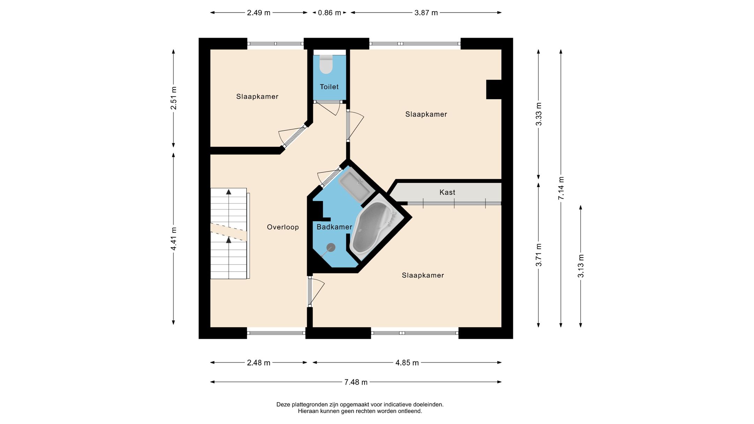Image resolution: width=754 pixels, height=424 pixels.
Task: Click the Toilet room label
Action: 329,87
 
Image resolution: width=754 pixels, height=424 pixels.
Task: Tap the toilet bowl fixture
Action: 326,64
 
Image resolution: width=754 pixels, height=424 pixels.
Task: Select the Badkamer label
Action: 334,227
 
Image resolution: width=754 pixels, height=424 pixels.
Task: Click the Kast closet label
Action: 447,192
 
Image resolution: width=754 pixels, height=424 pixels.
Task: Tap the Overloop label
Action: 283,227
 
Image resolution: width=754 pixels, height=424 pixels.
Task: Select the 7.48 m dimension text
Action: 356,382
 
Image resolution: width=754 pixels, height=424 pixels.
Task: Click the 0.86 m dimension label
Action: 329,13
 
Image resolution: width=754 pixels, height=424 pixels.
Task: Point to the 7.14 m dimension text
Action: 561,188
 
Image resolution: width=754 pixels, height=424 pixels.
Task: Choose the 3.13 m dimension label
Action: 581,266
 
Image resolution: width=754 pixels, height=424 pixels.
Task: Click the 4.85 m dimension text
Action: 407,363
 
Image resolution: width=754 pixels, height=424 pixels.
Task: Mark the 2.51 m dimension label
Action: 173,98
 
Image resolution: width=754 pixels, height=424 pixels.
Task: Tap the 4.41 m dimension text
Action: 173,239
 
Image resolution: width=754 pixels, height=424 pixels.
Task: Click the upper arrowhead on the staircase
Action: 229,192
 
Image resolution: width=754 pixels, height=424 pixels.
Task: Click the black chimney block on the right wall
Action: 494,89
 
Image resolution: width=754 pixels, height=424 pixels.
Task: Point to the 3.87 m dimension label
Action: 426,13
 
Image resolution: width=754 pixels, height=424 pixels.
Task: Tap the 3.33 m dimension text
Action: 539,114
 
